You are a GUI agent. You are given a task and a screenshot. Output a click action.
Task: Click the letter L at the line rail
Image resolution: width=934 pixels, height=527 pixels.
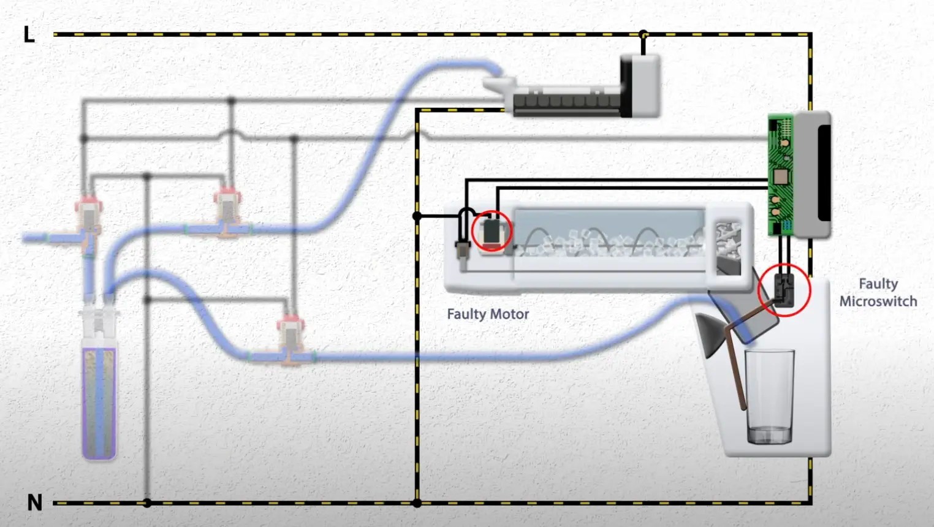[29, 34]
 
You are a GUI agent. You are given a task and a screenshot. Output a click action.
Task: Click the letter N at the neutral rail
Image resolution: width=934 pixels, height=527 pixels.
[34, 502]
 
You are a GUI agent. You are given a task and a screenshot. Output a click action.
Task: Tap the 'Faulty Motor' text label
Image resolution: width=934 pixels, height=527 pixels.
[488, 314]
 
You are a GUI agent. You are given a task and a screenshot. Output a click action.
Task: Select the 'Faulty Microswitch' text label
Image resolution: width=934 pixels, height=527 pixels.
[878, 292]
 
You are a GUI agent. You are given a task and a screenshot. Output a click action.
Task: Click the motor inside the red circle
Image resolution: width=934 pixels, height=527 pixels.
[492, 232]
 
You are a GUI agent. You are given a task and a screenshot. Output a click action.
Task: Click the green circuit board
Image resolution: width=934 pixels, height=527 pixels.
[780, 175]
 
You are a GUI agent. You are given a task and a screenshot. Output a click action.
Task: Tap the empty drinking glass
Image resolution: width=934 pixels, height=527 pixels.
[769, 395]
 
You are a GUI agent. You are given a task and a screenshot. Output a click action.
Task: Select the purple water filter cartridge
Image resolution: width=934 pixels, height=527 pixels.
[99, 401]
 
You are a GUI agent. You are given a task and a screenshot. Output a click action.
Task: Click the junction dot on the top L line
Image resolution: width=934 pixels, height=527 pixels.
[643, 34]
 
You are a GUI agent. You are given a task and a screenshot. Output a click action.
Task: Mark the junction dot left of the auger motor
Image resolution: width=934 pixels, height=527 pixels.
[417, 216]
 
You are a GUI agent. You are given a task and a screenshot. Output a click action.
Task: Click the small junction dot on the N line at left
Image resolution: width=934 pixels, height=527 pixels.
[147, 503]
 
